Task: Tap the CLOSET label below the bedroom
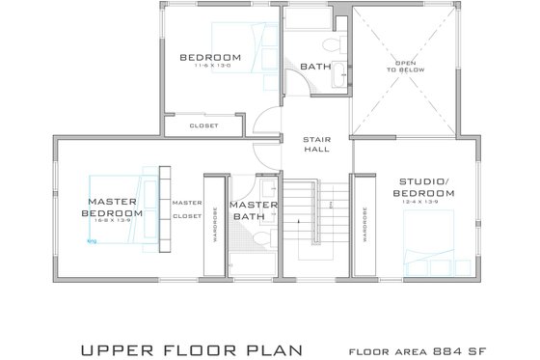tap(203, 125)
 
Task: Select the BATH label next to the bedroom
tap(315, 67)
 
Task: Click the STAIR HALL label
tap(316, 142)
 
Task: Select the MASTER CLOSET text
tap(186, 209)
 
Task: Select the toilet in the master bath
tap(273, 223)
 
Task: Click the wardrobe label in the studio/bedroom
tap(364, 224)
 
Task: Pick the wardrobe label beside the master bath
tap(214, 223)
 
